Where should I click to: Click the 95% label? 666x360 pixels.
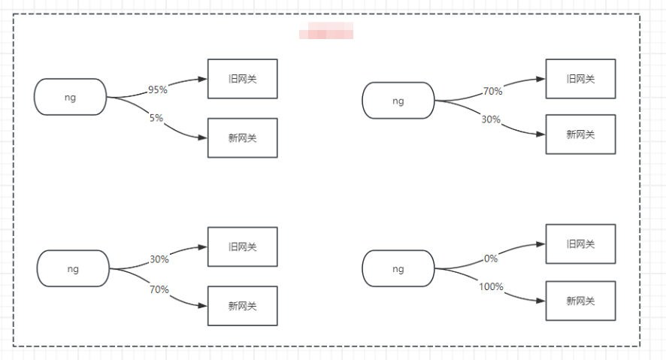pyautogui.click(x=158, y=89)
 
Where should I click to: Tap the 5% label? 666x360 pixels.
pyautogui.click(x=156, y=117)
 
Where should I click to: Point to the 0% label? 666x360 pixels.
pyautogui.click(x=491, y=259)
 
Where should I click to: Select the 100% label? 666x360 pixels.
pyautogui.click(x=491, y=286)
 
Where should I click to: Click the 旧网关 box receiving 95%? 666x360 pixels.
pyautogui.click(x=242, y=79)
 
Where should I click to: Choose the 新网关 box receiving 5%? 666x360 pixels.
pyautogui.click(x=242, y=138)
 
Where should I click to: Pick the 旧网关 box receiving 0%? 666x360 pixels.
pyautogui.click(x=580, y=244)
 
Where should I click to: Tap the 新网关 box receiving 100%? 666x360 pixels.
pyautogui.click(x=580, y=301)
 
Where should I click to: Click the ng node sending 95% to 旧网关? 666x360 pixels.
pyautogui.click(x=71, y=97)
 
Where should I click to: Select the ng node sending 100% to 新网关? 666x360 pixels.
pyautogui.click(x=398, y=268)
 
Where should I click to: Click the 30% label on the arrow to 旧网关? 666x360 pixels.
pyautogui.click(x=159, y=259)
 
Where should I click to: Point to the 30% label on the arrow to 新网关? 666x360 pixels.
pyautogui.click(x=491, y=119)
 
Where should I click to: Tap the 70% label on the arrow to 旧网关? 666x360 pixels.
pyautogui.click(x=492, y=92)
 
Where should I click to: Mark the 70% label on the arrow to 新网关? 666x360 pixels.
pyautogui.click(x=159, y=289)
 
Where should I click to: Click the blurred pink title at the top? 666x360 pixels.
pyautogui.click(x=326, y=32)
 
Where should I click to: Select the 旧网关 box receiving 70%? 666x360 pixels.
pyautogui.click(x=580, y=79)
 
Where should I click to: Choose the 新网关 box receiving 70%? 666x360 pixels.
pyautogui.click(x=242, y=306)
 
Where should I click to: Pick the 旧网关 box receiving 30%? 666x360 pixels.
pyautogui.click(x=242, y=247)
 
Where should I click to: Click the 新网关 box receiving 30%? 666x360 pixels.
pyautogui.click(x=580, y=135)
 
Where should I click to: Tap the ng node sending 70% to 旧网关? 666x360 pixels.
pyautogui.click(x=398, y=100)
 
